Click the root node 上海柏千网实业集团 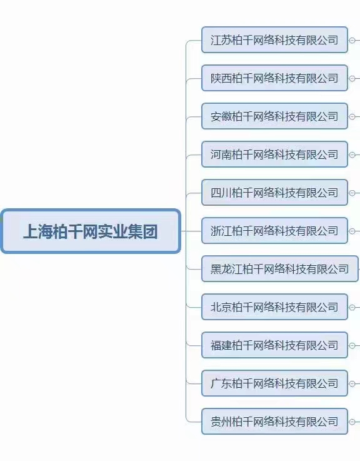91,231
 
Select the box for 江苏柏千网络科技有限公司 274,40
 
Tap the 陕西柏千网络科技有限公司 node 274,78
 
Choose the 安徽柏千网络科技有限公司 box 274,116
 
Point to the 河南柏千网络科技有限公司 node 274,155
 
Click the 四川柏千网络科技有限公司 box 274,193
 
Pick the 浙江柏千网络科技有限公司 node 274,231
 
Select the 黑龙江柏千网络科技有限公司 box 280,269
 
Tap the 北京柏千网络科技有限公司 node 274,307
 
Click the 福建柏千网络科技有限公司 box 274,345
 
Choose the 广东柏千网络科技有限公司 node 274,383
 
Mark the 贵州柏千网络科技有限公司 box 274,422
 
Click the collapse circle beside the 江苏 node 352,40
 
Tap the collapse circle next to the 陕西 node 352,78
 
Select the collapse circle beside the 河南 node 352,155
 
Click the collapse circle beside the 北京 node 352,308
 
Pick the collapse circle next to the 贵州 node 352,422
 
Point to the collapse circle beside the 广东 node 352,384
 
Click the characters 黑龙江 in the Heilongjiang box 226,269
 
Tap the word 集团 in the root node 142,231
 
